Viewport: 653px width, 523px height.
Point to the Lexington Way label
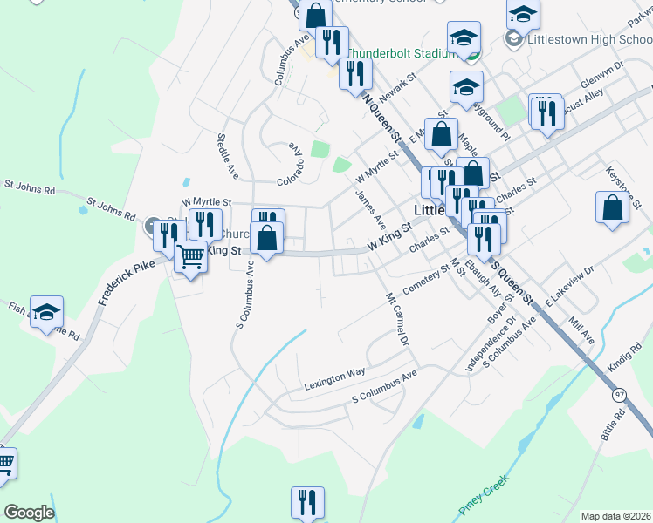[334, 377]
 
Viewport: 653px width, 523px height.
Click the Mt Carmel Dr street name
[398, 319]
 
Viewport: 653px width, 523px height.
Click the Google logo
[28, 512]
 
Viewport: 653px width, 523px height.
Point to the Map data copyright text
[616, 516]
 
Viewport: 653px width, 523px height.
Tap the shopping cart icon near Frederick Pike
[190, 256]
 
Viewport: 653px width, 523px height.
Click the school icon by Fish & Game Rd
[47, 312]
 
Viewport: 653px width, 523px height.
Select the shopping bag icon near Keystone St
[613, 207]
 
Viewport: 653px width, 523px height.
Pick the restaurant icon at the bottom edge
[306, 502]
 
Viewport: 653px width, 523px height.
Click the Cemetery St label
[425, 281]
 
